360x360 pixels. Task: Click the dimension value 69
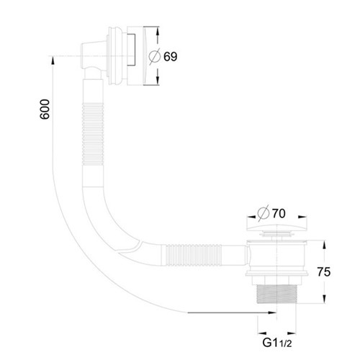[x=171, y=57]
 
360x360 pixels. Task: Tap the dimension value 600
[x=45, y=109]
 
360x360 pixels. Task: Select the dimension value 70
[x=279, y=213]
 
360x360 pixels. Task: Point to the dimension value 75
[x=324, y=272]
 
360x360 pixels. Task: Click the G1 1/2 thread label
[x=277, y=343]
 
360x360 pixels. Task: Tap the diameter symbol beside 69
[x=154, y=57]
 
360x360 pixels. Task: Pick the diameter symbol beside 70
[x=263, y=213]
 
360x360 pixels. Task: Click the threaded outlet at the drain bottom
[x=277, y=294]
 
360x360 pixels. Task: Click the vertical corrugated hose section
[x=93, y=134]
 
